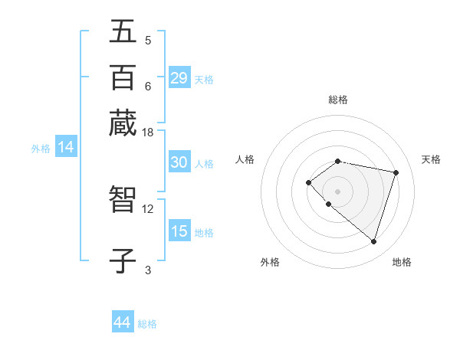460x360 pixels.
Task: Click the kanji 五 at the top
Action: click(123, 31)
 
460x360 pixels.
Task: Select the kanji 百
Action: click(123, 77)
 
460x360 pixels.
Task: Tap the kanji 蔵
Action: click(123, 123)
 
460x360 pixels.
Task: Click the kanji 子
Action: click(123, 260)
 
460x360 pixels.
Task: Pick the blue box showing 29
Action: click(179, 78)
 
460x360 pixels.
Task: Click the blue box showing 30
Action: click(179, 162)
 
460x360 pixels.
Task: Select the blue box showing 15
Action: click(179, 231)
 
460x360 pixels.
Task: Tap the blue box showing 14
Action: click(66, 147)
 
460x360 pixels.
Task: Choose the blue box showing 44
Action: click(123, 322)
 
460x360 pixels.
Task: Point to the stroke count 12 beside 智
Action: click(148, 208)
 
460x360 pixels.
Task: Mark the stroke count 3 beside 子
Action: click(148, 270)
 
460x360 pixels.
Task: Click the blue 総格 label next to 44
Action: click(147, 324)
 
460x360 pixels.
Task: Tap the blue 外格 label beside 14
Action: click(41, 149)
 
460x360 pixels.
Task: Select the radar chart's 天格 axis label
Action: click(431, 159)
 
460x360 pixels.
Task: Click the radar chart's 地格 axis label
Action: click(402, 262)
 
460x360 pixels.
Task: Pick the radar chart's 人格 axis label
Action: click(245, 159)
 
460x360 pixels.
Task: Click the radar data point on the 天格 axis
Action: click(396, 172)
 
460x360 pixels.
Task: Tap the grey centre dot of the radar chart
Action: click(337, 191)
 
